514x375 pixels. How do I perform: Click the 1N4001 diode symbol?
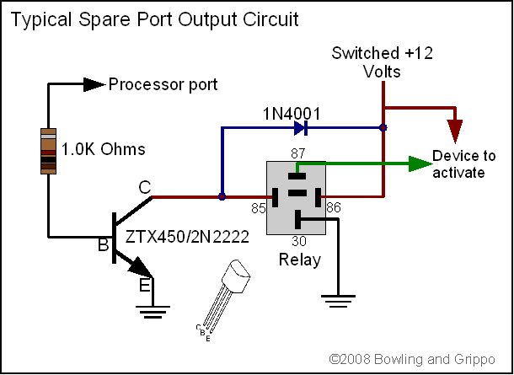(301, 128)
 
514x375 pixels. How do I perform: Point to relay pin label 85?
(257, 205)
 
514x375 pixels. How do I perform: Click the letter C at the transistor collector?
(144, 190)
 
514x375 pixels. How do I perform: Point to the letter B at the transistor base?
(103, 246)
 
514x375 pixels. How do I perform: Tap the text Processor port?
(163, 84)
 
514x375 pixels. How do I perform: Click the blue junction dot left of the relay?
(222, 198)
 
